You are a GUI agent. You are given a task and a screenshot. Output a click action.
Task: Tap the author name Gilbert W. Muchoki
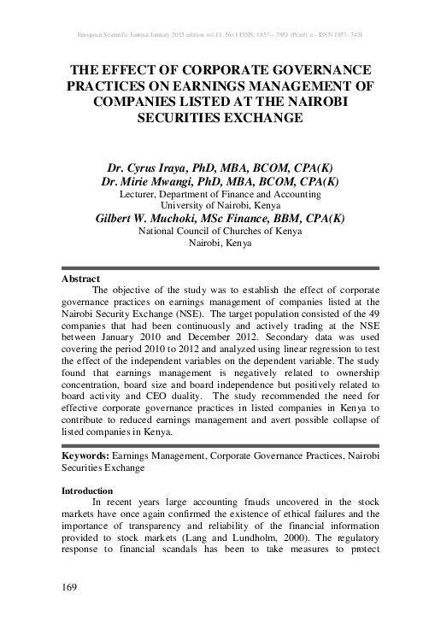pos(150,219)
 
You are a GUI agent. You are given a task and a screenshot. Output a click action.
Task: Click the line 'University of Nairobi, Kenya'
pos(220,206)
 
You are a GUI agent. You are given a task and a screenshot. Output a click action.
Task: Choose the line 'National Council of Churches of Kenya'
pos(220,232)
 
